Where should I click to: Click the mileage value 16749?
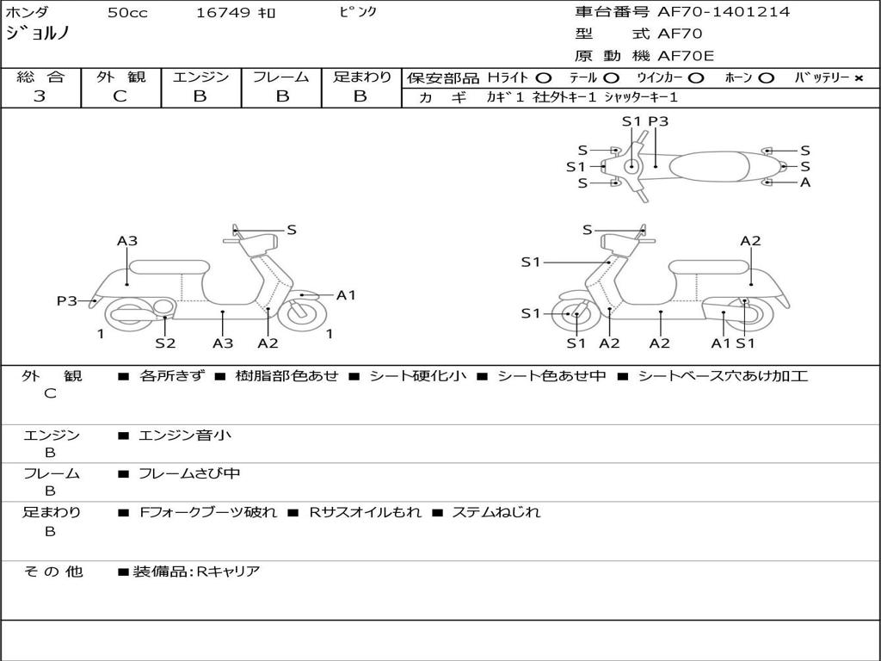tap(223, 13)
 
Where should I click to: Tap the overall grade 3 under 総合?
tap(40, 96)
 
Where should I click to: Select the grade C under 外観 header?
tap(120, 96)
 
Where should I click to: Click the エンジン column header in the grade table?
tap(200, 77)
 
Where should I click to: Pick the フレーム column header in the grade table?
tap(280, 77)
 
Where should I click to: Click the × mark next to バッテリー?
tap(858, 77)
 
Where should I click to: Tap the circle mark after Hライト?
tap(544, 77)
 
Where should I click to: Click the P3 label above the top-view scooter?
tap(658, 121)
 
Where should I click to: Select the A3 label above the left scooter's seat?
tap(127, 241)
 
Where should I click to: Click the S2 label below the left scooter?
tap(165, 343)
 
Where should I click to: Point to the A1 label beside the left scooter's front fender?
tap(346, 295)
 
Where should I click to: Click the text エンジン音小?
tap(185, 436)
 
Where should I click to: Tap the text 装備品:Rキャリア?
tap(196, 571)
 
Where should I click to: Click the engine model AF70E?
tap(686, 56)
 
